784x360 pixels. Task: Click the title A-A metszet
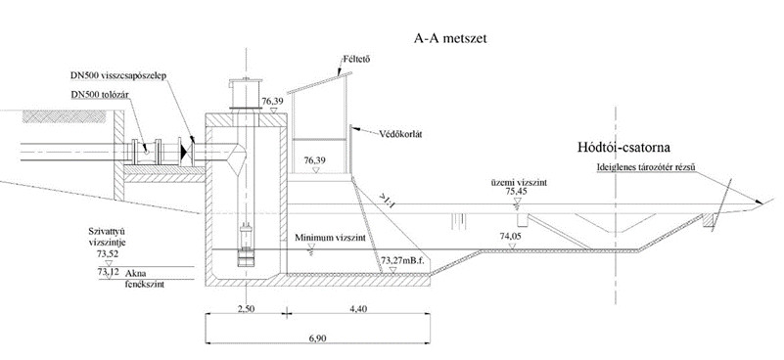[450, 38]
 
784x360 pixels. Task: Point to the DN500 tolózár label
[100, 95]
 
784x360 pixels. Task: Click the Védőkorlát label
[400, 134]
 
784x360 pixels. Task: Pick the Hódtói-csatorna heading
[624, 148]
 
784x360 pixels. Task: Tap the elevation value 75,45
[517, 191]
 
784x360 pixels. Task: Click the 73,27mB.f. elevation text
[402, 260]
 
